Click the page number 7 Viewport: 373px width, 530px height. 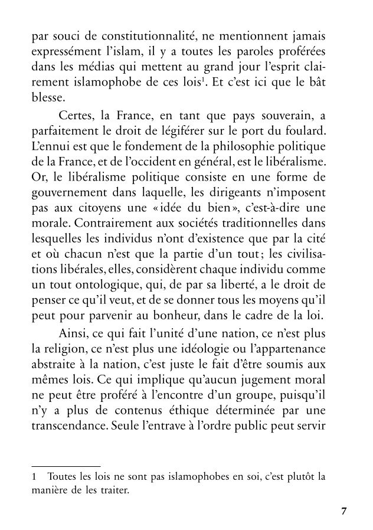tap(345, 511)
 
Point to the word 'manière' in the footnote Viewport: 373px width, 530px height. tap(48, 489)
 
